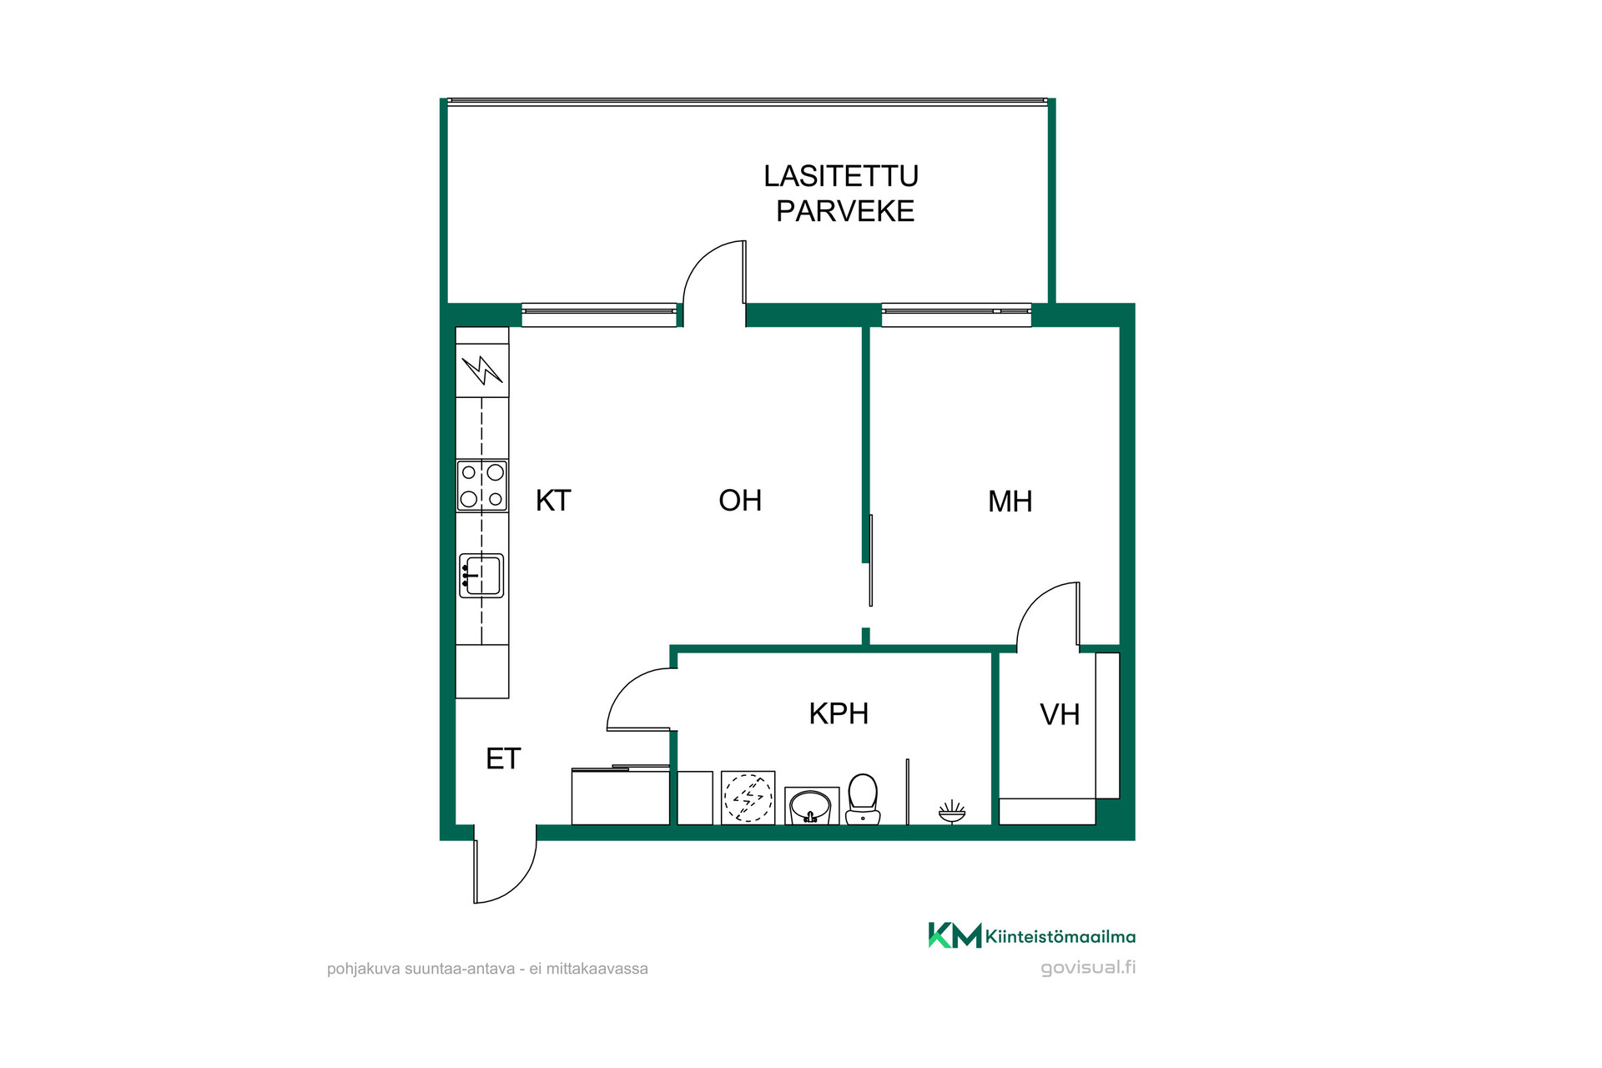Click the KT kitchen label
(553, 501)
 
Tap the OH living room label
(740, 501)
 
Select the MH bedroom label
(1010, 501)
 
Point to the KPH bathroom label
(839, 713)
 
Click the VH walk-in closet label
(1060, 714)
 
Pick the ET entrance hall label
(503, 758)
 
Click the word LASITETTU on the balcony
(841, 176)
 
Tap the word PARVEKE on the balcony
(845, 211)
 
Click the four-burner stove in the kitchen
(482, 486)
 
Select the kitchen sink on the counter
(481, 576)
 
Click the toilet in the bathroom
(863, 799)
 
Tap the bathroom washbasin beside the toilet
(811, 806)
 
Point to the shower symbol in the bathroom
(952, 811)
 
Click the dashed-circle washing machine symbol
(748, 798)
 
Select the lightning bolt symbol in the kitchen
(482, 370)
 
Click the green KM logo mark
(955, 935)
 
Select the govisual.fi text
(1088, 968)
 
